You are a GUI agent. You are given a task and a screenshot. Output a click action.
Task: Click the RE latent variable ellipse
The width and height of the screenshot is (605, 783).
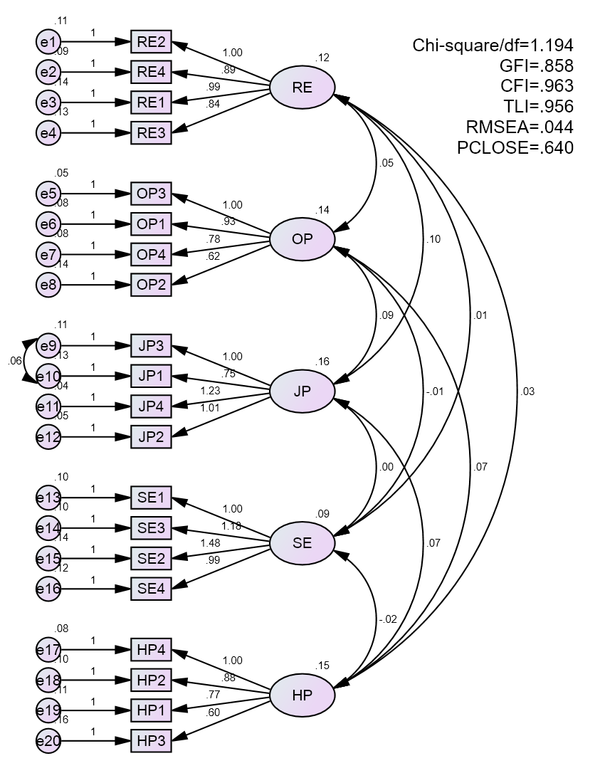point(302,88)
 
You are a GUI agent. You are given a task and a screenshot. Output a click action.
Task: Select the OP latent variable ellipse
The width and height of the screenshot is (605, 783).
point(302,239)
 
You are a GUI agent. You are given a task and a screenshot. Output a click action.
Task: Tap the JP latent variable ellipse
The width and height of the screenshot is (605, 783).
point(302,391)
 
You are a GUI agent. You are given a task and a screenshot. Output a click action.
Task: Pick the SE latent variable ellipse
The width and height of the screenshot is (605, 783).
point(302,543)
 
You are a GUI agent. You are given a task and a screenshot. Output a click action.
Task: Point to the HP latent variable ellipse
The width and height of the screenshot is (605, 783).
point(302,695)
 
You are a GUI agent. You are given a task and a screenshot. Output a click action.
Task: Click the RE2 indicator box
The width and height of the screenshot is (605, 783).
point(151,42)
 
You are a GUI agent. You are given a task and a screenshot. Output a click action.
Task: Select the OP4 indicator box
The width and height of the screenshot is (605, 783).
point(151,254)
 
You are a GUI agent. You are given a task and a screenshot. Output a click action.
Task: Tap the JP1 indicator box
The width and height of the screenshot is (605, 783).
point(151,376)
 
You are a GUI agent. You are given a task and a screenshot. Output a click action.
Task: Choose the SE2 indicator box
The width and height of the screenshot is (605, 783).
point(151,558)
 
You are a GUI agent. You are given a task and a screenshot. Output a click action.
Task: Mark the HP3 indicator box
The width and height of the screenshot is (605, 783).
point(151,740)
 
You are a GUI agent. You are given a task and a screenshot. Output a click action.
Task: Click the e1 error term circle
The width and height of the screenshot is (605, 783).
point(48,42)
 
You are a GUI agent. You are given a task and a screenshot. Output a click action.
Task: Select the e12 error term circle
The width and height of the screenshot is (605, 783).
point(48,436)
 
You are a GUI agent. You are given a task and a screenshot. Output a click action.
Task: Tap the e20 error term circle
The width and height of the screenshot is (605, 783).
point(48,741)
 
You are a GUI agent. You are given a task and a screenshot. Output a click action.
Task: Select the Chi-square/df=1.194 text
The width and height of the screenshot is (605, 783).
point(493,46)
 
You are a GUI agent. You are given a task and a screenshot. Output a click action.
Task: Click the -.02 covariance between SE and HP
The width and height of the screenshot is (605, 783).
point(388,619)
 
